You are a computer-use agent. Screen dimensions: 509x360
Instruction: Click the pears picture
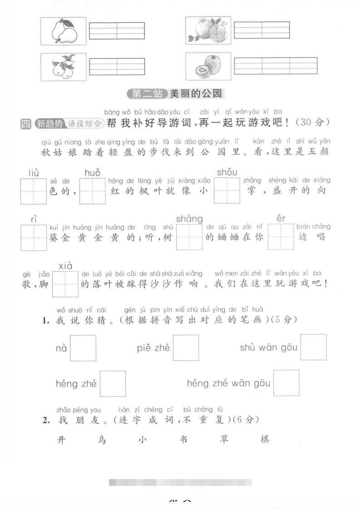point(63,31)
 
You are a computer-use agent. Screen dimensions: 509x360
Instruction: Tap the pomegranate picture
point(208,30)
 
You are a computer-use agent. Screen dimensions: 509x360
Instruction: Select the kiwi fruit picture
point(208,66)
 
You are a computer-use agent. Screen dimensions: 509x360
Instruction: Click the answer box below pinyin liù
point(34,191)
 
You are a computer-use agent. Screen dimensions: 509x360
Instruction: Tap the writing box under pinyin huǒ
point(93,191)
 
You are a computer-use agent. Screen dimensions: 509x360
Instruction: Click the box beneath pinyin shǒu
point(227,191)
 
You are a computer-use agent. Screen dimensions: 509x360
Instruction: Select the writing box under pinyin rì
point(34,238)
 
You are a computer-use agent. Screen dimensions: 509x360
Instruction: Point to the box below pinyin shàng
point(189,238)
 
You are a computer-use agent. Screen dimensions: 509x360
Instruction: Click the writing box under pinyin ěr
point(281,237)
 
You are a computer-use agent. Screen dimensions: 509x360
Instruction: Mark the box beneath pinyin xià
point(65,284)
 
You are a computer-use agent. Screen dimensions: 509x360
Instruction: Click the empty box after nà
point(83,348)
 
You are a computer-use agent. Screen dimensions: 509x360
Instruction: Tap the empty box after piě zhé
point(186,348)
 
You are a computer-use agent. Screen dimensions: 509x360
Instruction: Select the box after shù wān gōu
point(314,347)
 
